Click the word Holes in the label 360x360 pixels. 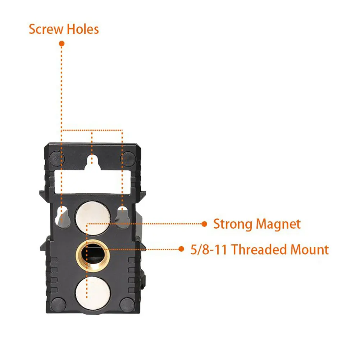pyautogui.click(x=82, y=29)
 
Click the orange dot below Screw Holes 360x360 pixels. pyautogui.click(x=61, y=44)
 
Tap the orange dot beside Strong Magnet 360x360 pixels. pyautogui.click(x=204, y=224)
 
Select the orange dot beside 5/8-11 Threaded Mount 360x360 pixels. pyautogui.click(x=181, y=249)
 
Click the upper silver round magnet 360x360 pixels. pyautogui.click(x=93, y=217)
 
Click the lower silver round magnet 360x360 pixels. pyautogui.click(x=93, y=292)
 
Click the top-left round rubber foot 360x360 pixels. pyautogui.click(x=56, y=157)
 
